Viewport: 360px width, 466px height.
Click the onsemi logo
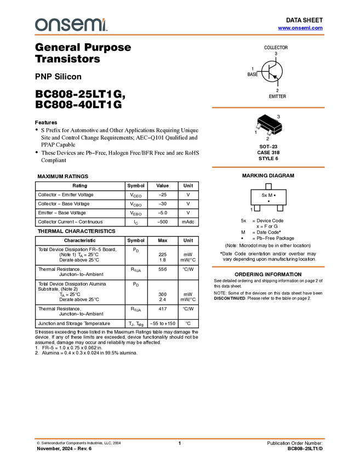point(71,25)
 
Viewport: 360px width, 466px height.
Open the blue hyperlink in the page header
point(300,28)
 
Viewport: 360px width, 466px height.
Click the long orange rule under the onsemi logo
point(180,35)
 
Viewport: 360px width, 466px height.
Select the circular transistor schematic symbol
point(272,71)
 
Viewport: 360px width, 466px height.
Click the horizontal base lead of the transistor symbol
point(265,71)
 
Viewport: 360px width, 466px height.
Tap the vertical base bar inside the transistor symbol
point(269,71)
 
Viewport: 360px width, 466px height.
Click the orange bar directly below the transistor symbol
point(268,108)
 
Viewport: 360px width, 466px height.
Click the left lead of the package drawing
point(258,127)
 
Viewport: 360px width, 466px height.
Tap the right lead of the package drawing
point(270,133)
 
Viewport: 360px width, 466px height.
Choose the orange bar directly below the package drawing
point(268,167)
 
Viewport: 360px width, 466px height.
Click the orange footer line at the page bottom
point(180,439)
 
